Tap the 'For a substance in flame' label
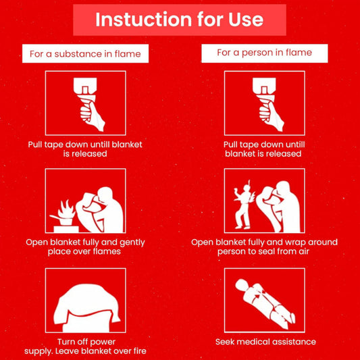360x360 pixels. [85, 53]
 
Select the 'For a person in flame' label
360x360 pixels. [264, 52]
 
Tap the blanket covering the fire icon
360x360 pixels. [85, 301]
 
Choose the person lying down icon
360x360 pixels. [264, 301]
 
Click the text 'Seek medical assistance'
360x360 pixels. [265, 342]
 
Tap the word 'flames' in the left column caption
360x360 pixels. [106, 251]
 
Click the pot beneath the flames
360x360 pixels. [66, 219]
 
